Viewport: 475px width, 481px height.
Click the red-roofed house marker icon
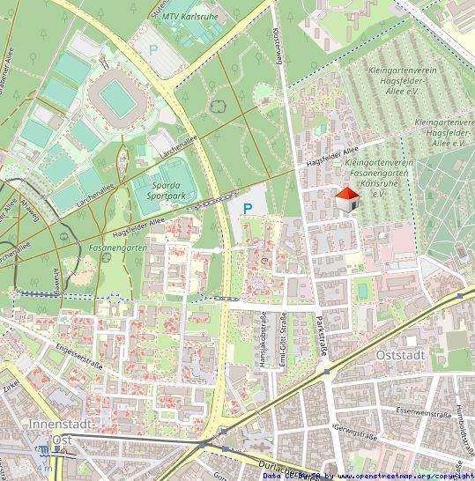(348, 200)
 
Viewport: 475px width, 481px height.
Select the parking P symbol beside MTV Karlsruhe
(154, 50)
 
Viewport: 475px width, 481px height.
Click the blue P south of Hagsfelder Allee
(248, 209)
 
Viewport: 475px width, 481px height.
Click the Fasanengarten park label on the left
(117, 248)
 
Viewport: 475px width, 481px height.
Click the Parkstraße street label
(323, 337)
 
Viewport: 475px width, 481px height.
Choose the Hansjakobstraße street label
(263, 339)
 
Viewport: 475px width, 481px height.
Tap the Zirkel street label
(11, 384)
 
